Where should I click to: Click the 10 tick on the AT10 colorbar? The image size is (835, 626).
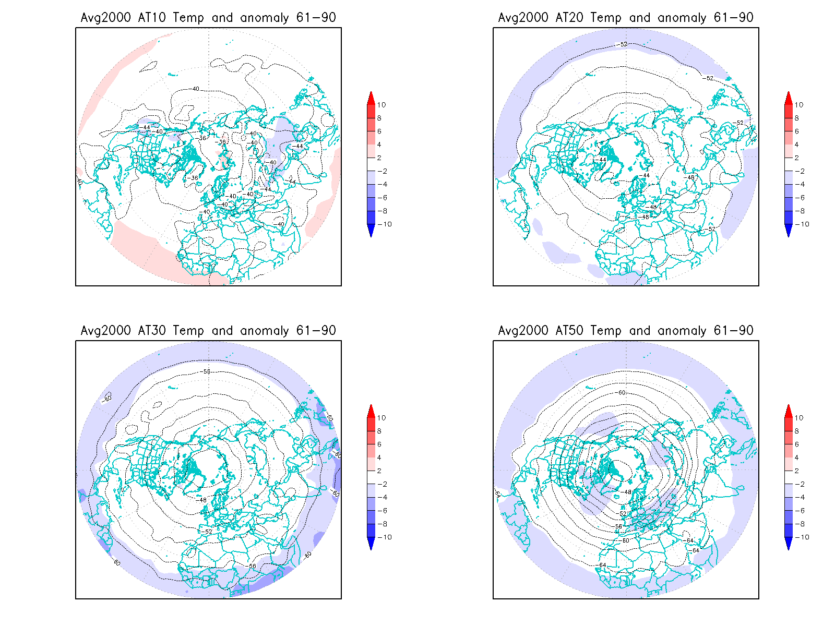tap(381, 105)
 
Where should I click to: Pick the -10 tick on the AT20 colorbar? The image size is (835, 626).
tap(803, 224)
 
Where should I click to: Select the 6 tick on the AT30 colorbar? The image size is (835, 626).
tap(379, 444)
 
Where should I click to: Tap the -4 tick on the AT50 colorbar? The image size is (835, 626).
tap(799, 498)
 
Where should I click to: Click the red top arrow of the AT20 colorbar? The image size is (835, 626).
tap(789, 98)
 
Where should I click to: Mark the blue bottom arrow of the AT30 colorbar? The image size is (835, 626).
tap(371, 544)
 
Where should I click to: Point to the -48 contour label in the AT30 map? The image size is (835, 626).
tap(202, 500)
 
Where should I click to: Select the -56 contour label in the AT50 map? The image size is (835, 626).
tap(618, 526)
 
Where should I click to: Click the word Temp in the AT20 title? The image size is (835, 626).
tap(606, 18)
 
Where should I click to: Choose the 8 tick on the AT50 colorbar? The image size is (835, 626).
tap(797, 431)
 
